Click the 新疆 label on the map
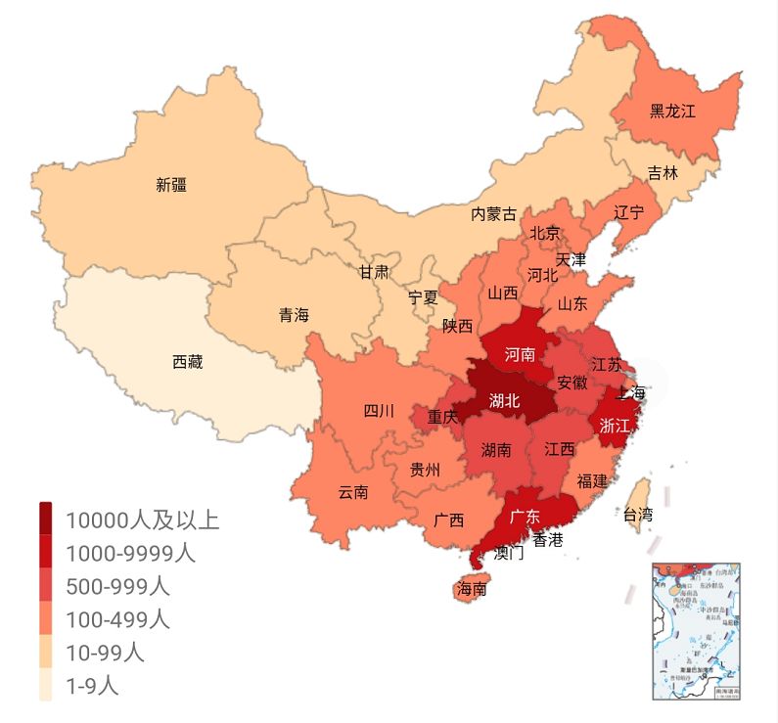(171, 184)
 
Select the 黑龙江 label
(672, 112)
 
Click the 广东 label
(526, 516)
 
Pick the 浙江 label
(614, 427)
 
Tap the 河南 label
(520, 354)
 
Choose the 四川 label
(379, 411)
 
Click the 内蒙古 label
(493, 213)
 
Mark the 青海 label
(294, 315)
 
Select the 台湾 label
(637, 514)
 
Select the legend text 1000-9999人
(130, 553)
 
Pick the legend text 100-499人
(117, 619)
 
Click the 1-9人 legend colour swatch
(46, 686)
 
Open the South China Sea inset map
(696, 631)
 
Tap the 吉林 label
(663, 174)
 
